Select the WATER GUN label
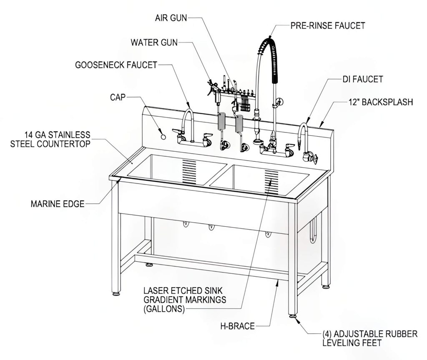pos(154,42)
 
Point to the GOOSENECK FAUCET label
pos(116,65)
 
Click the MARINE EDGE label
pos(58,204)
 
